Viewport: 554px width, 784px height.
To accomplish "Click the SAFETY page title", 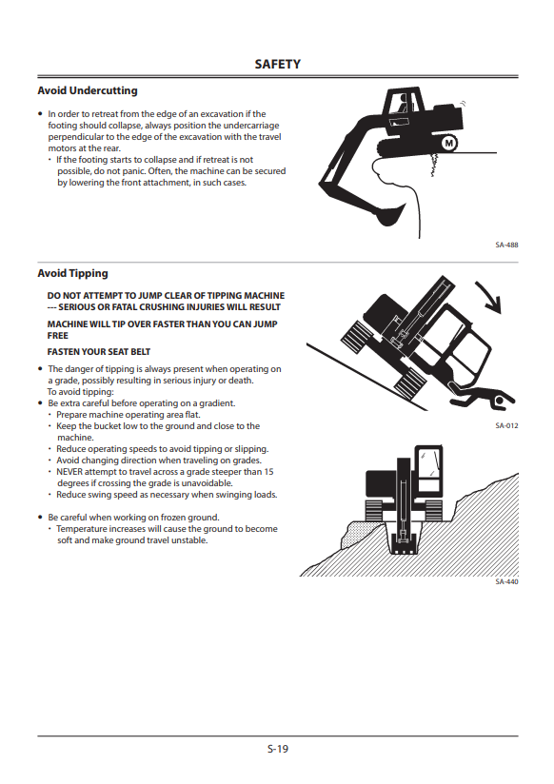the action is click(x=277, y=65).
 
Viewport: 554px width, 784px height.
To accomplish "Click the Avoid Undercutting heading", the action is click(x=87, y=90).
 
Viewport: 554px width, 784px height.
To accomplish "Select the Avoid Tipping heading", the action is click(x=72, y=273).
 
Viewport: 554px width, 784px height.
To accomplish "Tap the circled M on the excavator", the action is click(x=449, y=144).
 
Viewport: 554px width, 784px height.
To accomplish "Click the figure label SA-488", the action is click(x=506, y=245).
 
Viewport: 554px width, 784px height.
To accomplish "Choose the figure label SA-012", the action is click(x=506, y=426).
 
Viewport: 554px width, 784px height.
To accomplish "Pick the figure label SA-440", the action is click(x=506, y=582).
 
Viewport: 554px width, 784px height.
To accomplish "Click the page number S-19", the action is click(x=277, y=749).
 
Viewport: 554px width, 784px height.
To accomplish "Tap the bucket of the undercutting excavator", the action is click(x=390, y=214).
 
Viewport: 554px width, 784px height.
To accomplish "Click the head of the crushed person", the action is click(x=499, y=402).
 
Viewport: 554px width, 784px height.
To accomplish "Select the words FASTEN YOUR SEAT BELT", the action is click(x=99, y=352).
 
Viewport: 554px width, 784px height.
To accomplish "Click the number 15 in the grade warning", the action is click(x=268, y=472).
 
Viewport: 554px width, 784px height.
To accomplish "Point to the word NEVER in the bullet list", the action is click(x=69, y=472).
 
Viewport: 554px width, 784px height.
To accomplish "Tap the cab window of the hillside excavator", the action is click(x=429, y=465).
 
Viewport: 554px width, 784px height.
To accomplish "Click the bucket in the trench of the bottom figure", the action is click(x=404, y=545).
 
